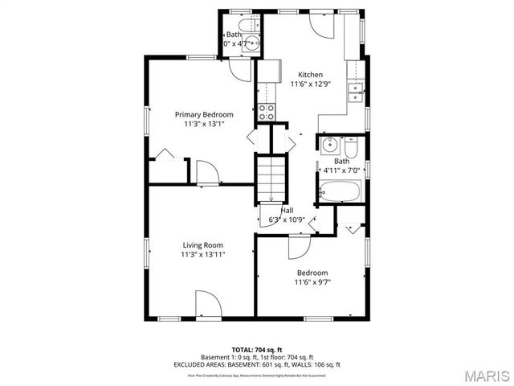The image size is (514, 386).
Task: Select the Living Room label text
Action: (202, 244)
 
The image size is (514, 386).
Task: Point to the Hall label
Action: (286, 210)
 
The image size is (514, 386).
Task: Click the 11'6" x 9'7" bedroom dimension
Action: (312, 282)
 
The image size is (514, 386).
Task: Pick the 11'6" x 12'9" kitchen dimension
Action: (310, 84)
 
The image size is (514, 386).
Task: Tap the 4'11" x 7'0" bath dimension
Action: (342, 170)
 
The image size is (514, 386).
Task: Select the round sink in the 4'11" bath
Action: (328, 146)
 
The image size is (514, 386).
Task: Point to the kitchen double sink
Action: (355, 92)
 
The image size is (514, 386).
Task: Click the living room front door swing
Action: (207, 305)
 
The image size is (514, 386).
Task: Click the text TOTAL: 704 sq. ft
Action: (256, 350)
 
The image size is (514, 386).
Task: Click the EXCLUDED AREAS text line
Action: (256, 364)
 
